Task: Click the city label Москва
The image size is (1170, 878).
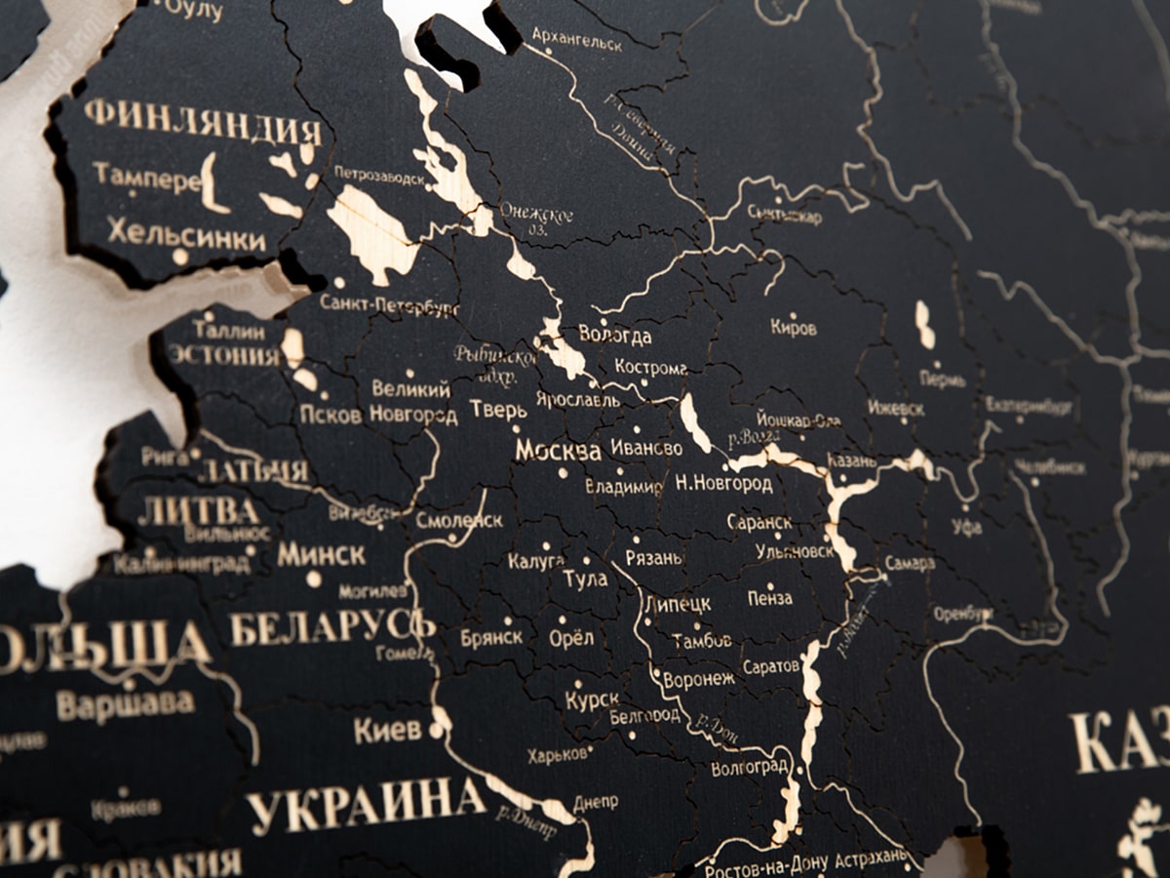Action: [558, 451]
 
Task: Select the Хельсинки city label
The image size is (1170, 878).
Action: [186, 234]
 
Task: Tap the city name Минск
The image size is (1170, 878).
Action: [321, 555]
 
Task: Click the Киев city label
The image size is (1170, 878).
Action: [387, 730]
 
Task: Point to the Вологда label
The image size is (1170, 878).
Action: [615, 337]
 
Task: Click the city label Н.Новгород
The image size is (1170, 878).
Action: [723, 484]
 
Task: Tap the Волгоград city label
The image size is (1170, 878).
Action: [749, 768]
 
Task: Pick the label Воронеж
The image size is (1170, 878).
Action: [698, 680]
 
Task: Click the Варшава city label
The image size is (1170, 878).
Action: [125, 703]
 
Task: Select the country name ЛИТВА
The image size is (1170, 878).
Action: [199, 511]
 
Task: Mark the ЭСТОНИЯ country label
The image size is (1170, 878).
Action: [223, 354]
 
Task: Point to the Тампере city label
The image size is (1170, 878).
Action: [146, 177]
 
